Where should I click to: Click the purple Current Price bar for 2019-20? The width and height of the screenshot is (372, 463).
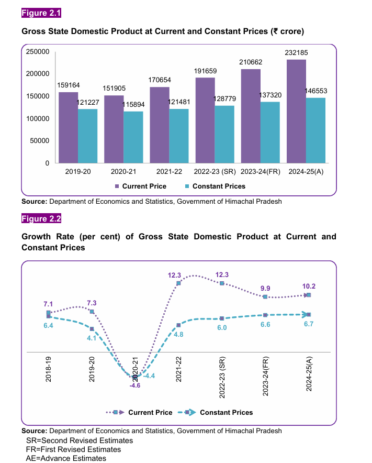(69, 128)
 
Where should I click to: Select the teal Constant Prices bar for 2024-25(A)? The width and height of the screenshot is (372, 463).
(315, 130)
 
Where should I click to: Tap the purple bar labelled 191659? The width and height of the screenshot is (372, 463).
(205, 120)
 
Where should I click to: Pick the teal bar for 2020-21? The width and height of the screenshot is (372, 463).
(133, 137)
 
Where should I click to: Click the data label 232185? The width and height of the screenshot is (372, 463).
(296, 52)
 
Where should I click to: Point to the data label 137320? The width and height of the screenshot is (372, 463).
(270, 95)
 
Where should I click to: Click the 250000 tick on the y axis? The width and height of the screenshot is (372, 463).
(38, 52)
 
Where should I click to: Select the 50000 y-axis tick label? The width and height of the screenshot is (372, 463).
(40, 141)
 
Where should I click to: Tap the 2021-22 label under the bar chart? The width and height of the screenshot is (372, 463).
(169, 172)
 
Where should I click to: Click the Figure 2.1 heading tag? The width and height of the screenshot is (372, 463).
(41, 13)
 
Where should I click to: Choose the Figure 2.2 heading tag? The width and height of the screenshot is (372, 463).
(41, 218)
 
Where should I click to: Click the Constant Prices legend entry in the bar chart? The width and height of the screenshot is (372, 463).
(215, 186)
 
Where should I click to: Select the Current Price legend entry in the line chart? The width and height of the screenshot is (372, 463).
(139, 413)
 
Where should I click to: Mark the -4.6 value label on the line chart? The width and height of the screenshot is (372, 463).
(135, 385)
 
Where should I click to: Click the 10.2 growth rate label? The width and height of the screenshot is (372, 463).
(309, 286)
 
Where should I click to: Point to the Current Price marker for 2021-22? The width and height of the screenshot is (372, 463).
(178, 283)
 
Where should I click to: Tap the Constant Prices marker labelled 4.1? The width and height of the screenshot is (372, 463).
(92, 329)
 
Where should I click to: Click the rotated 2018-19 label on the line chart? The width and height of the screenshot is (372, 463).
(48, 369)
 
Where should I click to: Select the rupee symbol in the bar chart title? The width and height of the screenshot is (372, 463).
(276, 31)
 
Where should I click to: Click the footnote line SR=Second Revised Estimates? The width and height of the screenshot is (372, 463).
(80, 440)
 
